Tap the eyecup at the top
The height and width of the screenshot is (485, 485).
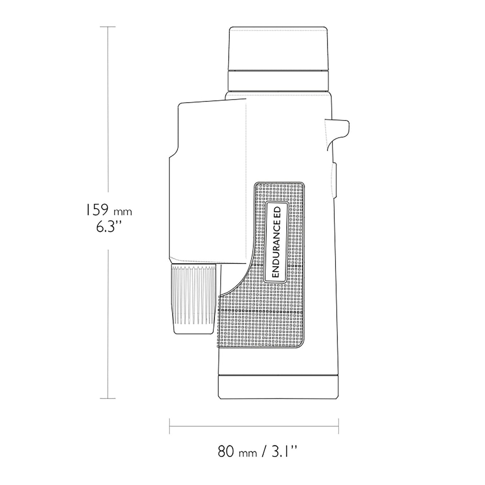click(278, 48)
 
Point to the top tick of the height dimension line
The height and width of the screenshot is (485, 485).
click(108, 27)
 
